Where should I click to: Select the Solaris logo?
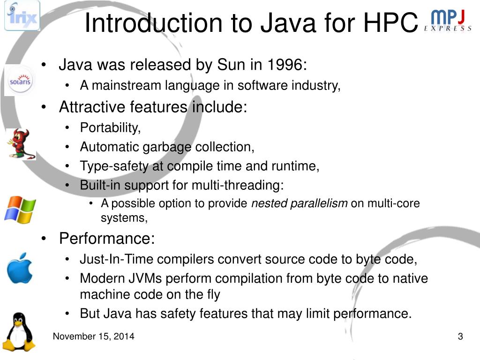point(20,81)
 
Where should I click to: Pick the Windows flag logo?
point(20,209)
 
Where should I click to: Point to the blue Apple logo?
point(20,268)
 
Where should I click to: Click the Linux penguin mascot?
point(19,332)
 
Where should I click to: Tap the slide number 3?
point(460,336)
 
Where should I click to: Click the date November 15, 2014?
point(93,336)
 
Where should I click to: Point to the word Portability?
point(110,127)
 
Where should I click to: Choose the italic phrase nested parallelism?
point(300,203)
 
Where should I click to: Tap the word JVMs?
point(144,278)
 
